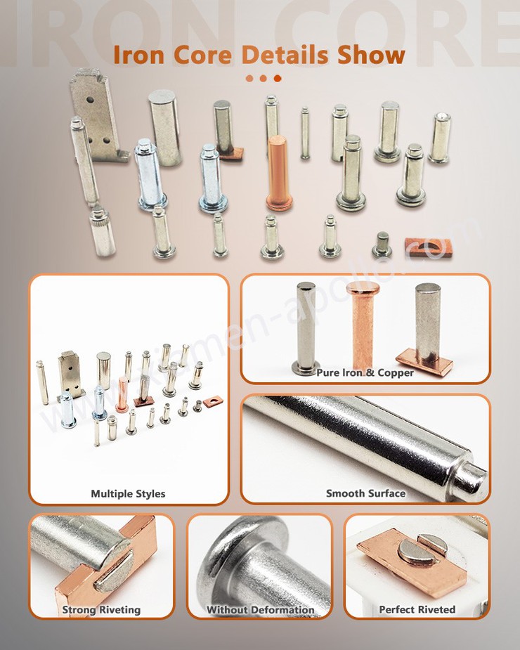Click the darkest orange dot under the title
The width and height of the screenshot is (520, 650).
tap(278, 79)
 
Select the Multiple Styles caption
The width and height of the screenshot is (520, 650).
tap(128, 493)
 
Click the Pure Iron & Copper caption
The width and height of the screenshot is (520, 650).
tap(365, 372)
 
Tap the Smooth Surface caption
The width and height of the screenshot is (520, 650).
tap(365, 493)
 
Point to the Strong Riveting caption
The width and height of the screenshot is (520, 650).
tap(101, 609)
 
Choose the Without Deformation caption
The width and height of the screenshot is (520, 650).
tap(260, 609)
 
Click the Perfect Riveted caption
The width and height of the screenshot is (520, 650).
tap(417, 609)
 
